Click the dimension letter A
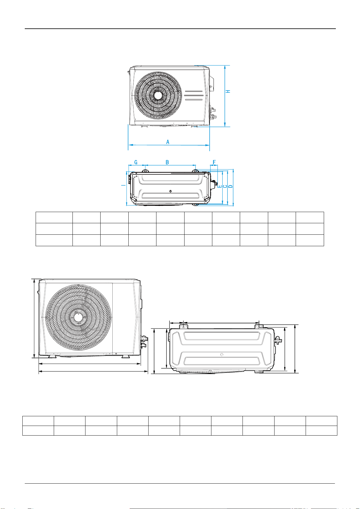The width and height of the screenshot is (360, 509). (168, 142)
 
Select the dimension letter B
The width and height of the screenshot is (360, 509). (167, 162)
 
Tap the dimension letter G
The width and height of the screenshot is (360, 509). (136, 162)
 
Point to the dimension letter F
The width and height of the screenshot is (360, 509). (214, 162)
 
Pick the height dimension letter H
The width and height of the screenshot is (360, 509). (228, 91)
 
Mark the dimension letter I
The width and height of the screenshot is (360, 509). (123, 185)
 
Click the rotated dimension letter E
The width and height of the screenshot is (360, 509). (219, 186)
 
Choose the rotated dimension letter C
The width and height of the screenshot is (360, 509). (225, 186)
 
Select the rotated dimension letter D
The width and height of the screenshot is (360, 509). (230, 186)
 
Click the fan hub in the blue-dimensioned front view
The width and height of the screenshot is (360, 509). (158, 95)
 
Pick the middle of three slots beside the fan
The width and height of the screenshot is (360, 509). (194, 95)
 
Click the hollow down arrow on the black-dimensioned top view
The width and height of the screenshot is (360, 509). (222, 354)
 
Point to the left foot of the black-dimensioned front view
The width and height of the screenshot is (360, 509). (52, 356)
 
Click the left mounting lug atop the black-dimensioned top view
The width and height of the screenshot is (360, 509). (184, 327)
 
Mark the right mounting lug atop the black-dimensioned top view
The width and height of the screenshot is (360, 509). (259, 327)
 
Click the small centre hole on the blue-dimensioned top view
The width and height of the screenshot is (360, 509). (171, 191)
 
